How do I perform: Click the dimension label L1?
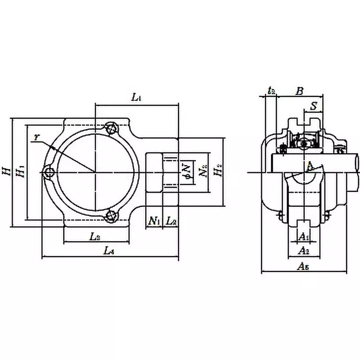pyautogui.click(x=136, y=97)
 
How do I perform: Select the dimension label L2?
pyautogui.click(x=171, y=221)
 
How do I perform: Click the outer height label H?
pyautogui.click(x=5, y=171)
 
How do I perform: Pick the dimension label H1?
pyautogui.click(x=19, y=171)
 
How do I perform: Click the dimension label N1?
pyautogui.click(x=154, y=221)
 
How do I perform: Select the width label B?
pyautogui.click(x=299, y=91)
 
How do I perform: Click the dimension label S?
pyautogui.click(x=314, y=106)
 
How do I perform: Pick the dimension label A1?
pyautogui.click(x=304, y=236)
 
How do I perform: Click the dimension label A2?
pyautogui.click(x=304, y=250)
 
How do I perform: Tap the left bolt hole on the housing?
pyautogui.click(x=49, y=172)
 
